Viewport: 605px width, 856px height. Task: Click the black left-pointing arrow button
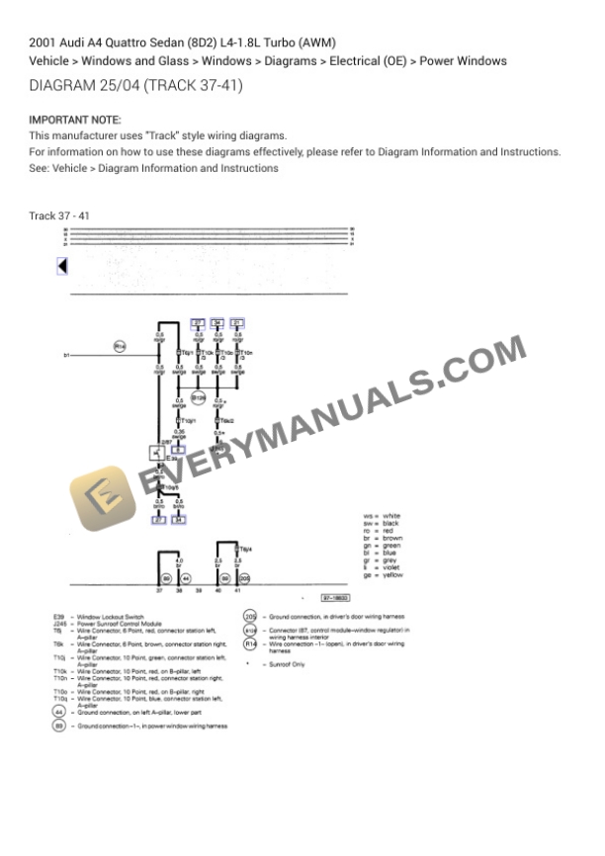coord(62,266)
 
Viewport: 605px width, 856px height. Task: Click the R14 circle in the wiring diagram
coord(120,346)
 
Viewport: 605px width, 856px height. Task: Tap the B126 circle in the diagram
coord(198,399)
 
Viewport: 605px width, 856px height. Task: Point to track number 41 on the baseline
coord(238,590)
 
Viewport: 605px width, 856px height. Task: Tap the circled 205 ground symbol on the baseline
coord(245,578)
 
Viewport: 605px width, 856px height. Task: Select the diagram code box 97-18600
coord(334,599)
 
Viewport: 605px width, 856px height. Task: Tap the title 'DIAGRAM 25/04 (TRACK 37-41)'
coord(136,86)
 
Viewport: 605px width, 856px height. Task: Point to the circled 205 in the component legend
coord(251,616)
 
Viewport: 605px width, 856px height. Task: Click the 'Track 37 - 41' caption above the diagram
coord(59,215)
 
